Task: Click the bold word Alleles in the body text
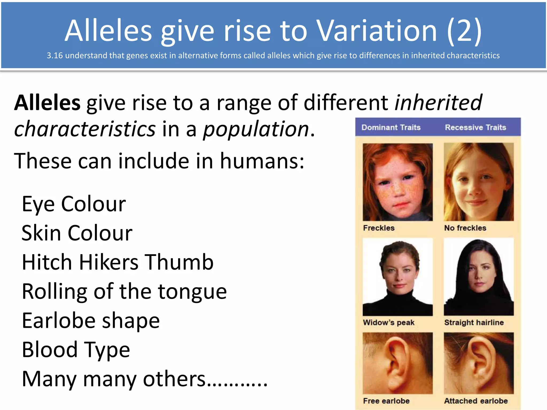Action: click(x=47, y=103)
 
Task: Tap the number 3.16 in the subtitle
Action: click(x=54, y=56)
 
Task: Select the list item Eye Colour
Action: click(x=74, y=204)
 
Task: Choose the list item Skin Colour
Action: click(x=77, y=233)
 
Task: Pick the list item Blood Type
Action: click(x=76, y=350)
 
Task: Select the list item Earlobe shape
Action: click(x=91, y=321)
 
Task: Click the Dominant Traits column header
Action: click(x=391, y=127)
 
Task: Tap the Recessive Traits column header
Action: click(x=475, y=127)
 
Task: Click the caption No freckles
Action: click(x=465, y=228)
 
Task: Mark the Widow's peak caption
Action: click(x=389, y=322)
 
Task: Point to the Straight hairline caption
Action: click(x=474, y=322)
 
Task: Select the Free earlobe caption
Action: click(x=386, y=401)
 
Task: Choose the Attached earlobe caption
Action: click(x=476, y=401)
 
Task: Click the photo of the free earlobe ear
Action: click(x=397, y=363)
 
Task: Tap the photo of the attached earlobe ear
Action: click(x=479, y=363)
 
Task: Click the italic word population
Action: click(x=256, y=129)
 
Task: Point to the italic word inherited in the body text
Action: click(x=438, y=103)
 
